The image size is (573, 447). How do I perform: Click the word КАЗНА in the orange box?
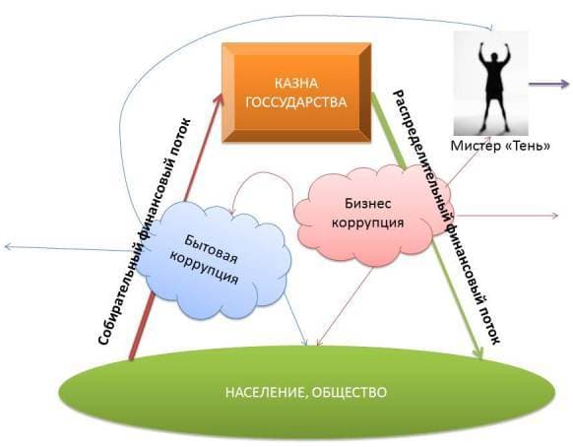coord(296,84)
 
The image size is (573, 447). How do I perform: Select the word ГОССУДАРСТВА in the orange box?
coord(296,102)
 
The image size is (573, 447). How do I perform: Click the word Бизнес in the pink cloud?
coord(367,203)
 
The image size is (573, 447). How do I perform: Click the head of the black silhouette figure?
coord(494,58)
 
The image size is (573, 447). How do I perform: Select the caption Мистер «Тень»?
coord(501,146)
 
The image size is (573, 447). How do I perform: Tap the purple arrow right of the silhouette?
coord(549,84)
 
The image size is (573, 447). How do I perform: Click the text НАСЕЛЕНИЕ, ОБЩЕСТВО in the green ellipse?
coord(306,392)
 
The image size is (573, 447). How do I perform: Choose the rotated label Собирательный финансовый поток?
coord(145,231)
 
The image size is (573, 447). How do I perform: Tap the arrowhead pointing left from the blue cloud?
coord(8,247)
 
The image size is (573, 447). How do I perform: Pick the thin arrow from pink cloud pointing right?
coord(506,216)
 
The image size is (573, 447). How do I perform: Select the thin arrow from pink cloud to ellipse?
coord(345,306)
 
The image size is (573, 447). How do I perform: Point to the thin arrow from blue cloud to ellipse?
coord(295,318)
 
